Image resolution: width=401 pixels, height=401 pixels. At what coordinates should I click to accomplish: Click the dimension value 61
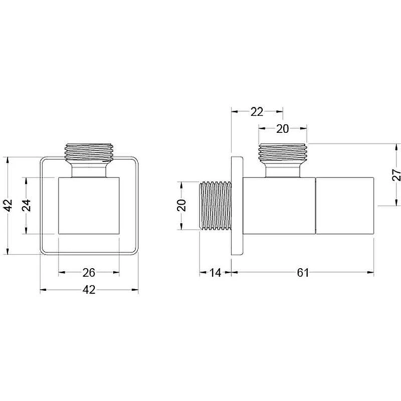click(303, 273)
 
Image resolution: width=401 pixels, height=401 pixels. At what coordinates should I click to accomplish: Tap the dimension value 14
click(216, 273)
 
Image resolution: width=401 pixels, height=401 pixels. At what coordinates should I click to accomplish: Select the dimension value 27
click(396, 174)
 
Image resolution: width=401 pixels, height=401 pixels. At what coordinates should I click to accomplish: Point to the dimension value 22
click(257, 112)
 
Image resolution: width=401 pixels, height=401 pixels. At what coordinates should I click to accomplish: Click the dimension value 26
click(89, 273)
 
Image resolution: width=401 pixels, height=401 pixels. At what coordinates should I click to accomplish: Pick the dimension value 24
click(27, 206)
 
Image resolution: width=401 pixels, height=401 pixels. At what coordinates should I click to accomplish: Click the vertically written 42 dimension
click(9, 206)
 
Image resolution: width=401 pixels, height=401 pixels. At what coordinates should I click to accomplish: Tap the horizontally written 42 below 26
click(89, 290)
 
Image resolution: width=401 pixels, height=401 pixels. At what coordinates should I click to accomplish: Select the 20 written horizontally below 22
click(282, 129)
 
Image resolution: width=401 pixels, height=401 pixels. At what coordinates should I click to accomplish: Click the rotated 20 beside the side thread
click(181, 206)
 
